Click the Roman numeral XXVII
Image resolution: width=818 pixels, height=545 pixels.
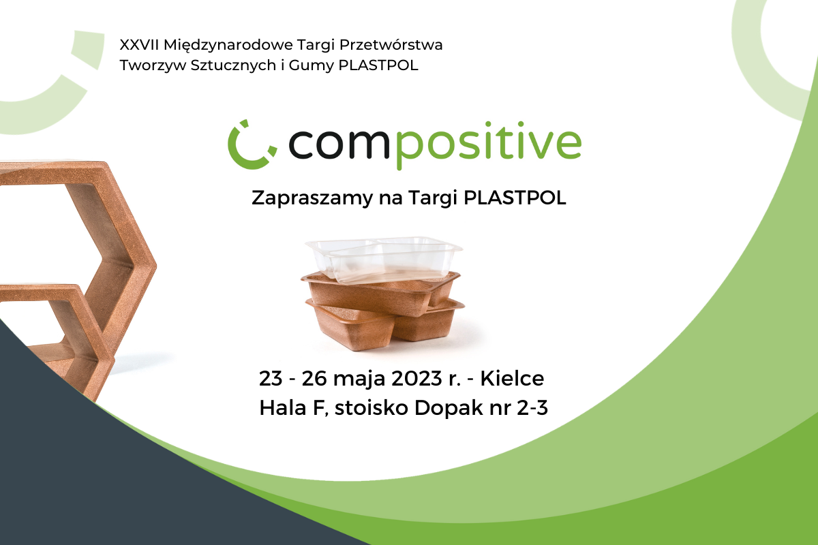click(139, 45)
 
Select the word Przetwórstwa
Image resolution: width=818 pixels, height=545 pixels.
click(391, 45)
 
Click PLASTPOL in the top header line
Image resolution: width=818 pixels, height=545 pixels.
click(378, 65)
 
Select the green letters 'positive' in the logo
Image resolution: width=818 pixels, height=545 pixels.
click(489, 145)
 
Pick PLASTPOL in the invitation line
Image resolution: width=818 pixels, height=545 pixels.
click(515, 198)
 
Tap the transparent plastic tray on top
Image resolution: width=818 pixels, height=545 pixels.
click(383, 258)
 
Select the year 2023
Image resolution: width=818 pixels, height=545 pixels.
click(417, 379)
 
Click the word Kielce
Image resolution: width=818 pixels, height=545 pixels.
click(512, 378)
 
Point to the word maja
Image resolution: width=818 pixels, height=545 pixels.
click(359, 379)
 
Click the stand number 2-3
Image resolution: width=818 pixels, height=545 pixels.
click(532, 408)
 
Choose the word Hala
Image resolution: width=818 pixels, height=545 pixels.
click(283, 408)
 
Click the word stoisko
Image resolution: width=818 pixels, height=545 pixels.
click(372, 408)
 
